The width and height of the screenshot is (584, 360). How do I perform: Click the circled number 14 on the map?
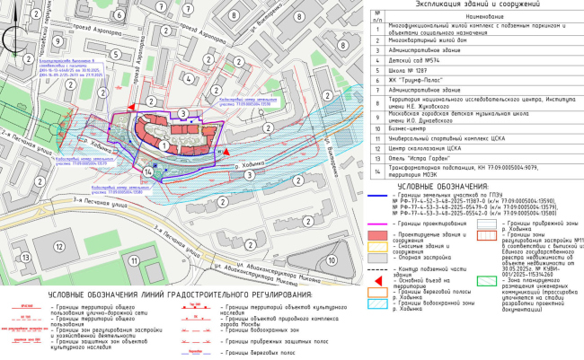tap(148, 171)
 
